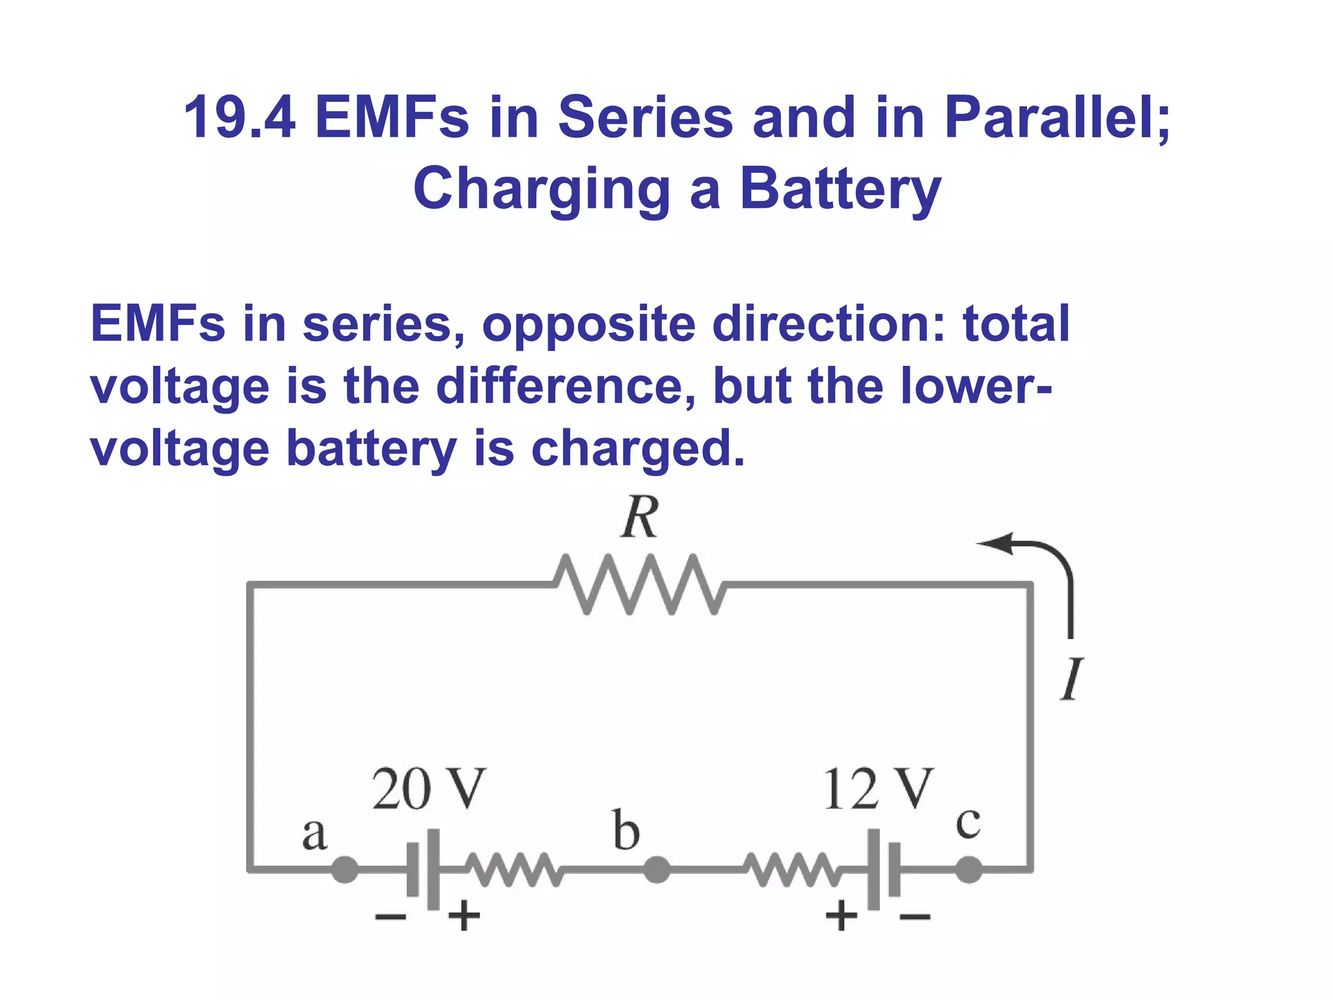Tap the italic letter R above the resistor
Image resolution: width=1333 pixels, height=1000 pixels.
coord(640,518)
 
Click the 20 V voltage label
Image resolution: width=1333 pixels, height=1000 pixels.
coord(428,789)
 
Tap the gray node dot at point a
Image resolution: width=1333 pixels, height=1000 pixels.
coord(345,869)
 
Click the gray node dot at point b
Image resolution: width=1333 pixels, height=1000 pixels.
coord(657,869)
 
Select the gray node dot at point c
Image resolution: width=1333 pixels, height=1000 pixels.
coord(969,869)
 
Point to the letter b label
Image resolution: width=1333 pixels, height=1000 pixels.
coord(626,831)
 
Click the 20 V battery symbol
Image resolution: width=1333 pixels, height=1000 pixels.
coord(424,869)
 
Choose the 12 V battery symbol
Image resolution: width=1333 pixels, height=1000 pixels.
coord(884,869)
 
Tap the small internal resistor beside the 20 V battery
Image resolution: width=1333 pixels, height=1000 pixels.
coord(514,869)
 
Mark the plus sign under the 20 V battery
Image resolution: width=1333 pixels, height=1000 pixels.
coord(464,917)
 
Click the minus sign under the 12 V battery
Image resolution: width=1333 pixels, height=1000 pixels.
coord(914,917)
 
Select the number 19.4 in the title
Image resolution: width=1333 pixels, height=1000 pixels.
coord(239,118)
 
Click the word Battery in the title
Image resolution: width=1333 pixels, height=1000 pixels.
coord(840,189)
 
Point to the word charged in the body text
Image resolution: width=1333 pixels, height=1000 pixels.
coord(638,449)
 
